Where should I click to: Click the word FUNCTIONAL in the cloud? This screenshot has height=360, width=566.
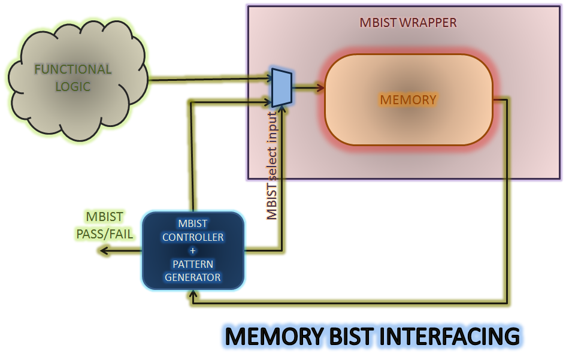click(x=72, y=69)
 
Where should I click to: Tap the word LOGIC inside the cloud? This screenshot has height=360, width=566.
click(x=72, y=86)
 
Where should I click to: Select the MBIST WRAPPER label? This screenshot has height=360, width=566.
click(x=408, y=23)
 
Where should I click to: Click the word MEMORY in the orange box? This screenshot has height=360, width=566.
click(x=408, y=99)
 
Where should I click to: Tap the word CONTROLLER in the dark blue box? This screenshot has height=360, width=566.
click(x=193, y=237)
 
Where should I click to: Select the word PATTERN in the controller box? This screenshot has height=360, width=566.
click(x=193, y=264)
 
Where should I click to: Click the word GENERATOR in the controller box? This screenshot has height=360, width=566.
click(x=193, y=277)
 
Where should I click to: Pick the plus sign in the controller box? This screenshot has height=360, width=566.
click(x=193, y=250)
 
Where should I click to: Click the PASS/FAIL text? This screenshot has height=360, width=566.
click(x=105, y=234)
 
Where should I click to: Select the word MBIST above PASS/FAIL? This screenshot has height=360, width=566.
click(x=105, y=216)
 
